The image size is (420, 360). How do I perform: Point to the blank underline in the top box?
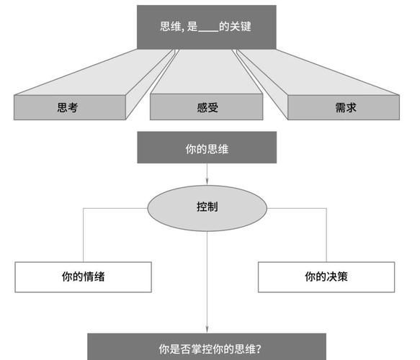click(207, 28)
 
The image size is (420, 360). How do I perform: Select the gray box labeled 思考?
click(68, 107)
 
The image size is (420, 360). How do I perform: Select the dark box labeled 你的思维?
click(207, 149)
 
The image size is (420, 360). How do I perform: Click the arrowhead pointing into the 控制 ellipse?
click(207, 180)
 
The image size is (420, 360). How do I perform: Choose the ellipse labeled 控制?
click(207, 206)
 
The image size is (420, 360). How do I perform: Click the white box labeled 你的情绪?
click(84, 276)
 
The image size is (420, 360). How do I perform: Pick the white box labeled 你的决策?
click(326, 276)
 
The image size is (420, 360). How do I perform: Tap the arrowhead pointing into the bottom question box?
click(207, 328)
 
